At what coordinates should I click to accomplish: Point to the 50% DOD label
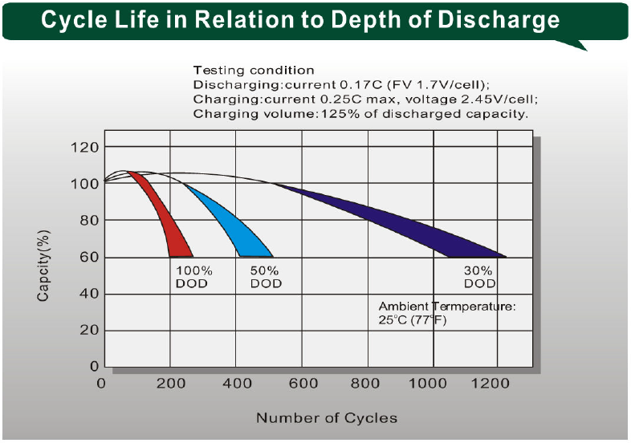tap(265, 277)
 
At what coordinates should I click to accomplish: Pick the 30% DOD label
tap(479, 277)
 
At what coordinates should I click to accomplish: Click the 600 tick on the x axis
tap(303, 384)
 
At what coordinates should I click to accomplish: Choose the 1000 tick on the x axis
tap(434, 384)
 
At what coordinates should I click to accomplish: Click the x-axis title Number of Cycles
tap(326, 418)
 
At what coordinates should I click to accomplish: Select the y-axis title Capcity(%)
tap(43, 266)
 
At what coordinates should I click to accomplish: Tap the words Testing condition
tap(254, 71)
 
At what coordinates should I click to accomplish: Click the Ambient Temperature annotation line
tap(447, 307)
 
